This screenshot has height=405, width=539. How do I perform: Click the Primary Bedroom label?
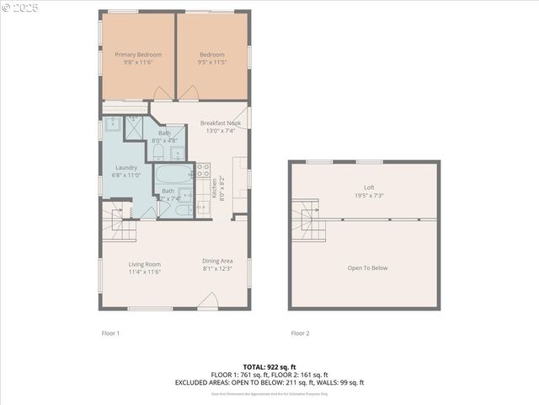click(x=138, y=55)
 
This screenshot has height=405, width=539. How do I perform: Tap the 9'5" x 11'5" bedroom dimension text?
click(x=212, y=62)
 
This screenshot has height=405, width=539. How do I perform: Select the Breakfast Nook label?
click(x=221, y=123)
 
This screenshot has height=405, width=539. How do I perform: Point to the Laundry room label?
click(x=126, y=167)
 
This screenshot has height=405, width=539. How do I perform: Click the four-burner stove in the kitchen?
click(x=203, y=172)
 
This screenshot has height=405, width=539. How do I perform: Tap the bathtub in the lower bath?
click(x=174, y=176)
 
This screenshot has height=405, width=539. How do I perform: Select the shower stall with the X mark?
click(x=136, y=127)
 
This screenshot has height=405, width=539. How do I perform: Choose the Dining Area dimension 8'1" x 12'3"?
click(x=217, y=270)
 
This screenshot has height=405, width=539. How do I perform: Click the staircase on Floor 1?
click(x=117, y=222)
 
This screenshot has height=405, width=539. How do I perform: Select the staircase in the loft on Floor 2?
click(x=306, y=220)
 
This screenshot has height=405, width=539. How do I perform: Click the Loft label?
click(x=369, y=187)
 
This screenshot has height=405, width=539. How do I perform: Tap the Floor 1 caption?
click(x=110, y=333)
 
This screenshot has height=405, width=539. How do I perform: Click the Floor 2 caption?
click(x=300, y=333)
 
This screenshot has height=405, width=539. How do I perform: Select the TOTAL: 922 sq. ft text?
click(x=269, y=367)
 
